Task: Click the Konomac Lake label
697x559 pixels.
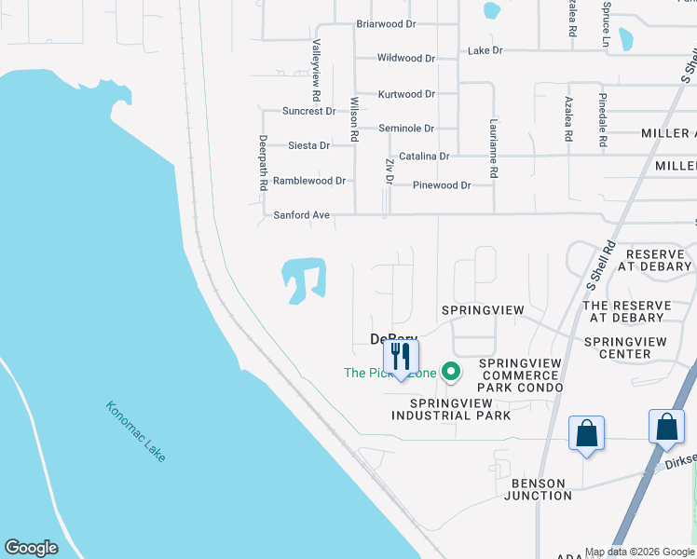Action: tap(136, 431)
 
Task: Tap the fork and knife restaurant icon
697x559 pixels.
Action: tap(402, 356)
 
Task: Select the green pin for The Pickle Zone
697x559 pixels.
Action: tap(451, 373)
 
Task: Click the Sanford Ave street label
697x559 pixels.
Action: tap(302, 215)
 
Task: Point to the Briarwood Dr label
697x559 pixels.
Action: tap(386, 24)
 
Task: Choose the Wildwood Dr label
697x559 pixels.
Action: tap(406, 58)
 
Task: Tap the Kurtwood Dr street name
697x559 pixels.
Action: tap(406, 94)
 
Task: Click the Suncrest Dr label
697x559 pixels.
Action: tap(308, 111)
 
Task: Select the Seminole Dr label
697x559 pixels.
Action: tap(406, 129)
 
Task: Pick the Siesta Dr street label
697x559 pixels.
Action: tap(309, 145)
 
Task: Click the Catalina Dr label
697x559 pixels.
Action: tap(424, 157)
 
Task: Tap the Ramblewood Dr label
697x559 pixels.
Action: tap(309, 181)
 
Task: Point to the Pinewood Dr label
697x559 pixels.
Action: tap(441, 185)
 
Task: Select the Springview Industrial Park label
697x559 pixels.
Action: tap(460, 409)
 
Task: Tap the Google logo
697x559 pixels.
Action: tap(31, 548)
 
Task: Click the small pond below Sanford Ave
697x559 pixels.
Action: tap(304, 278)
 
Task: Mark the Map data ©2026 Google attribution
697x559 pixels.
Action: tap(639, 552)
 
